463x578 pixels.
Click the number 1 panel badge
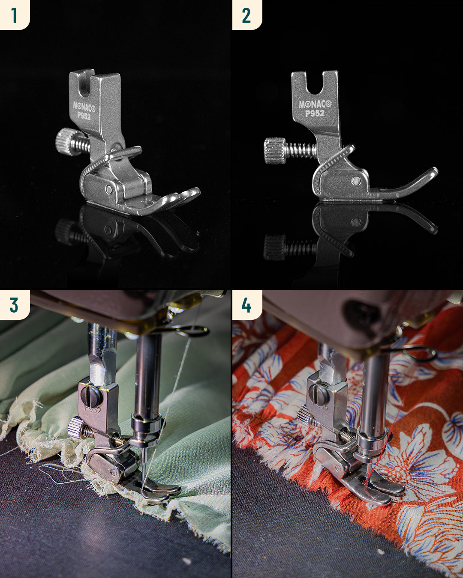pyautogui.click(x=15, y=15)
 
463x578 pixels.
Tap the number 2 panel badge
pyautogui.click(x=247, y=15)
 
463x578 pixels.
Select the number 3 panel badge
pyautogui.click(x=15, y=304)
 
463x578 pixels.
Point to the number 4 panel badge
pyautogui.click(x=247, y=304)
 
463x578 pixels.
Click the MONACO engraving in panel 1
pyautogui.click(x=84, y=107)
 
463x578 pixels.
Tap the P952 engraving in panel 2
pyautogui.click(x=315, y=113)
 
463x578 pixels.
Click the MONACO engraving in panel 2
pyautogui.click(x=315, y=104)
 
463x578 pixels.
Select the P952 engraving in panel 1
pyautogui.click(x=84, y=116)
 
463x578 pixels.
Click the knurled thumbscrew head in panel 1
pyautogui.click(x=65, y=142)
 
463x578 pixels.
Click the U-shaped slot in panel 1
pyautogui.click(x=85, y=87)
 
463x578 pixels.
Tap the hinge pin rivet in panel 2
pyautogui.click(x=356, y=181)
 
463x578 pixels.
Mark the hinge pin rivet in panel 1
pyautogui.click(x=109, y=189)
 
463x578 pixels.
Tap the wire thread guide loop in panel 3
pyautogui.click(x=192, y=331)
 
